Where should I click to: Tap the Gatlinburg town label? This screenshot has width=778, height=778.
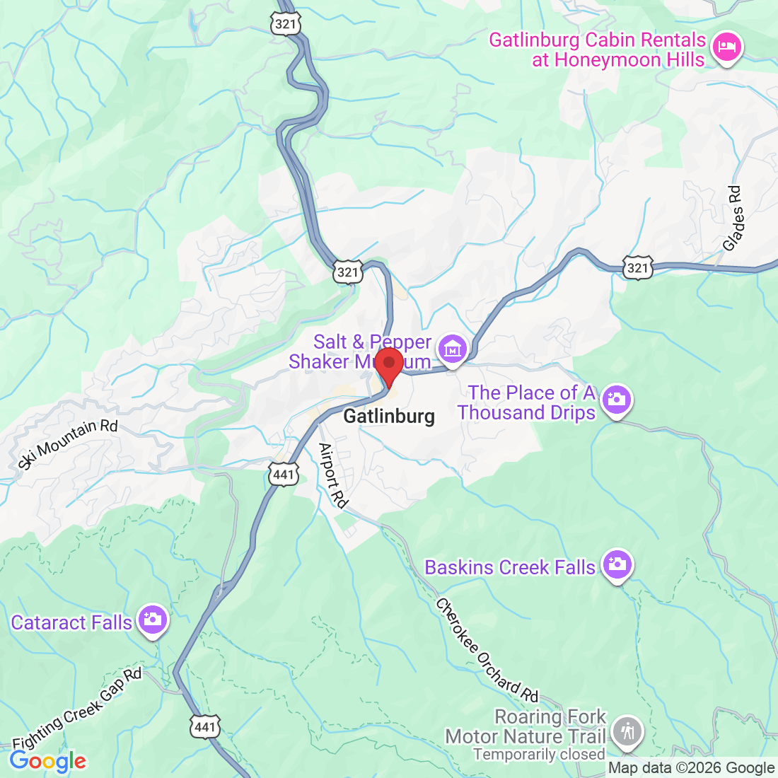point(389,416)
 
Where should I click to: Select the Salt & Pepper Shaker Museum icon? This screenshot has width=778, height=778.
point(452,349)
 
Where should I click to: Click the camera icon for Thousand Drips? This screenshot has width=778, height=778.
point(617,400)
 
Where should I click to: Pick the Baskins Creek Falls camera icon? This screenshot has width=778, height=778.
point(617,565)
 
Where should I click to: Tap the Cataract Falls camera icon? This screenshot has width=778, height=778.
point(153,620)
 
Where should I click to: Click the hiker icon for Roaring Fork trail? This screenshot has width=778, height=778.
point(627,731)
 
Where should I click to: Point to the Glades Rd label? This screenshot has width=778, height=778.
point(733,218)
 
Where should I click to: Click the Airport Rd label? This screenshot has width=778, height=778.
point(333,475)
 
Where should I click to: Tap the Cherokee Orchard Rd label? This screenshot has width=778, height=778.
point(487,649)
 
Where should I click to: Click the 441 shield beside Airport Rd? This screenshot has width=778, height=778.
point(284,474)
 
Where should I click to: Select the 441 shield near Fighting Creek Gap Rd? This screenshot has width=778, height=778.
point(205,726)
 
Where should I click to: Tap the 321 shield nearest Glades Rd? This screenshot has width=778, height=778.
point(637,267)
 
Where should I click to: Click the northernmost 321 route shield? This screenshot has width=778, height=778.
point(286,23)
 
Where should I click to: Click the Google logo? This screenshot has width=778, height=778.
point(47,761)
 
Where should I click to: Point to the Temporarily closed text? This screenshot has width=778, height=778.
point(539,755)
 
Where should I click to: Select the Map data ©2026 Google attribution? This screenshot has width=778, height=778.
point(691,768)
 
